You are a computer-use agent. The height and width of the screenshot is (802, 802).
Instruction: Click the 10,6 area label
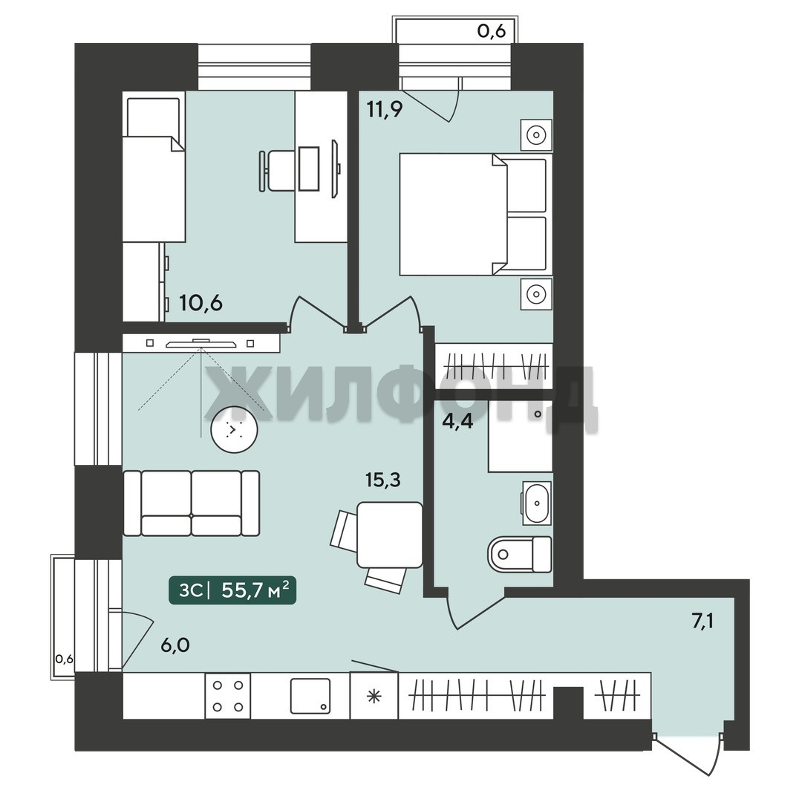(200, 303)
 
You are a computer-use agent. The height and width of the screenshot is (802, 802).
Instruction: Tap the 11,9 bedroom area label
(385, 109)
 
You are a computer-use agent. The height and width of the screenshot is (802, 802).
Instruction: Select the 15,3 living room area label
(382, 480)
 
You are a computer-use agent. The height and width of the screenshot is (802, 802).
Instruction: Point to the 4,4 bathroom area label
(457, 423)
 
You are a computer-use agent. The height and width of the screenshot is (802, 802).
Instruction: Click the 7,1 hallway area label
(702, 622)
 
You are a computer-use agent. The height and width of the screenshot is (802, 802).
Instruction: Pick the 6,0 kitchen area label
(175, 645)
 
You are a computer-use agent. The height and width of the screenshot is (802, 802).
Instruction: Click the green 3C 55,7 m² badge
(232, 591)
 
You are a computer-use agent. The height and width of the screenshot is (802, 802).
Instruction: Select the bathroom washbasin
(537, 503)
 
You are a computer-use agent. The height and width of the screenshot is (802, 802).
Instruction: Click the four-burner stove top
(228, 696)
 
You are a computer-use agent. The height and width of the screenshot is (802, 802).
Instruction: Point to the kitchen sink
(310, 696)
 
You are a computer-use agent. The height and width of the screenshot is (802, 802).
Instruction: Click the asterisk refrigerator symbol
(374, 696)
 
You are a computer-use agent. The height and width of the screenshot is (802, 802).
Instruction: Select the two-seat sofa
(192, 503)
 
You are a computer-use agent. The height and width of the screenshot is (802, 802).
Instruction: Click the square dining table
(390, 535)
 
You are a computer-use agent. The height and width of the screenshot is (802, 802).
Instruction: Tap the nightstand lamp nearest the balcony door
(536, 136)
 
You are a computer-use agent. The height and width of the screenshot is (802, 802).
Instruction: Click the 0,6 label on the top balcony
(491, 31)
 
